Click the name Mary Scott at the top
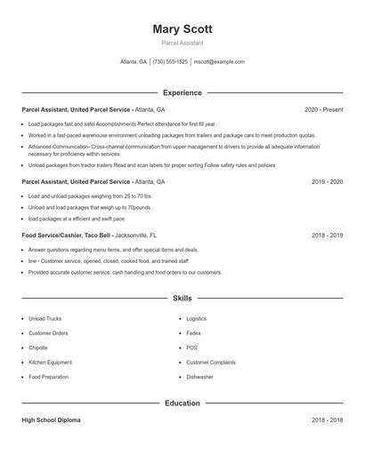click(182, 29)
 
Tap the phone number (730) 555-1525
click(170, 62)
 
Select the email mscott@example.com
click(219, 62)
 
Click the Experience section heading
click(182, 92)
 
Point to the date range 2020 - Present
click(323, 109)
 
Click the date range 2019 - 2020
click(327, 181)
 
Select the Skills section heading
click(182, 299)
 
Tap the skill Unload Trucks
click(45, 318)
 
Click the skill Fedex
click(193, 333)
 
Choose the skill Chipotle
click(38, 347)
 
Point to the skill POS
click(191, 347)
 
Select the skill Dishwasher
click(199, 377)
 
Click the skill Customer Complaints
click(210, 363)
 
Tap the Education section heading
click(182, 403)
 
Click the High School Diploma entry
click(51, 420)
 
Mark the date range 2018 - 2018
click(327, 420)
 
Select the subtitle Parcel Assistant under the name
click(182, 43)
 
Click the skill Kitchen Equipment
click(50, 363)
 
